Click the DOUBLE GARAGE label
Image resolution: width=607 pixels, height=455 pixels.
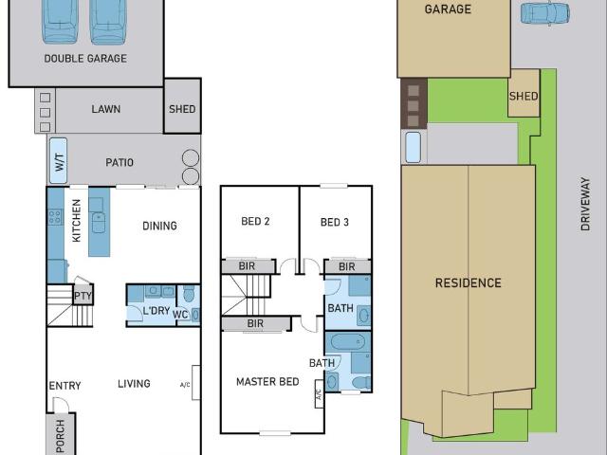tap(85, 59)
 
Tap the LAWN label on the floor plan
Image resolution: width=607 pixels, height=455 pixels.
tap(105, 109)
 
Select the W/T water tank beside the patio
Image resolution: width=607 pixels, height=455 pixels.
tap(59, 161)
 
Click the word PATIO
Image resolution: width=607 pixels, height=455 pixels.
tap(120, 162)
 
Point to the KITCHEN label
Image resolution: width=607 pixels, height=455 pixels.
tap(77, 221)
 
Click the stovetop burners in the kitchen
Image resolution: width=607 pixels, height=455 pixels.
tap(55, 217)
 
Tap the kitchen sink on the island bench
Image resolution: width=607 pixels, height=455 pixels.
tap(99, 223)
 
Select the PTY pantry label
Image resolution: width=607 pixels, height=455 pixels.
tap(83, 297)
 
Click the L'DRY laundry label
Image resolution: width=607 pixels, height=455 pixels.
tap(156, 311)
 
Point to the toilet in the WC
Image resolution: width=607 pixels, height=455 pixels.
tap(189, 294)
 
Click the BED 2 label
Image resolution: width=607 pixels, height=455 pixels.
tap(255, 221)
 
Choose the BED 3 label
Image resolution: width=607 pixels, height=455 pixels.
tap(335, 222)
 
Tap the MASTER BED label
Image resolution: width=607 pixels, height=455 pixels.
tap(267, 382)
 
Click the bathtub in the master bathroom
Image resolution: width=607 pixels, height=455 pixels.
tap(348, 342)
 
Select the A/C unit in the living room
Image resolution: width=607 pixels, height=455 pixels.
tap(196, 383)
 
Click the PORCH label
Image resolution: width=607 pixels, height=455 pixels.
tap(61, 436)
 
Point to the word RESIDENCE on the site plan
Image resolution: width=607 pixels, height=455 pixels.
tap(468, 282)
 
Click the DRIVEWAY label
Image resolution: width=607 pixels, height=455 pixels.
tap(585, 205)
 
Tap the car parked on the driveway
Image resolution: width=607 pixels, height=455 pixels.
tap(545, 13)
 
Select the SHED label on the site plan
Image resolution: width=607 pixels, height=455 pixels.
tap(524, 96)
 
